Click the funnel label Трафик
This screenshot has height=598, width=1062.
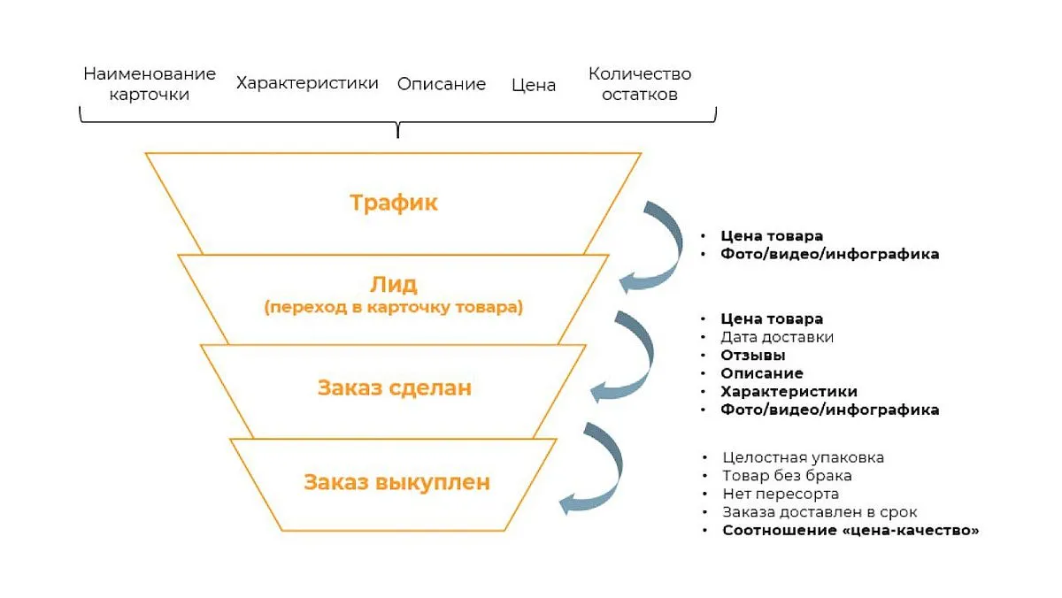[x=394, y=203]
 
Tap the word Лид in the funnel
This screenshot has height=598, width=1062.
[x=394, y=284]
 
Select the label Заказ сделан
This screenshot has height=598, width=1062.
[x=395, y=387]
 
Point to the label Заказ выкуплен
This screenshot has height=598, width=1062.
[x=396, y=482]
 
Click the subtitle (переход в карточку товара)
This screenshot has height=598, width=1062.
[x=394, y=307]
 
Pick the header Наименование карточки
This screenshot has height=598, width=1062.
[x=150, y=84]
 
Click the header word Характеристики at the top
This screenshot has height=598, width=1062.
[x=307, y=83]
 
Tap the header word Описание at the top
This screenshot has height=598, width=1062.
[x=442, y=84]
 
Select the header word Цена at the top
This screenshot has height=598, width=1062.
[x=534, y=85]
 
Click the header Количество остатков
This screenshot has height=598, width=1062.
[x=640, y=84]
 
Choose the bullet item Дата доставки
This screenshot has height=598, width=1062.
[x=777, y=337]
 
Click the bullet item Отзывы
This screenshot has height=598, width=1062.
[x=753, y=356]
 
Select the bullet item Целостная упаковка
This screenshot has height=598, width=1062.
[x=804, y=457]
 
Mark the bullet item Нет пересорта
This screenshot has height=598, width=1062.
[x=781, y=494]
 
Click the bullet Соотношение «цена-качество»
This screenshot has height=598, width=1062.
[x=850, y=530]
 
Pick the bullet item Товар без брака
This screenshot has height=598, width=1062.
[x=787, y=475]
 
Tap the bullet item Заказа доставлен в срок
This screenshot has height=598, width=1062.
[x=820, y=512]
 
